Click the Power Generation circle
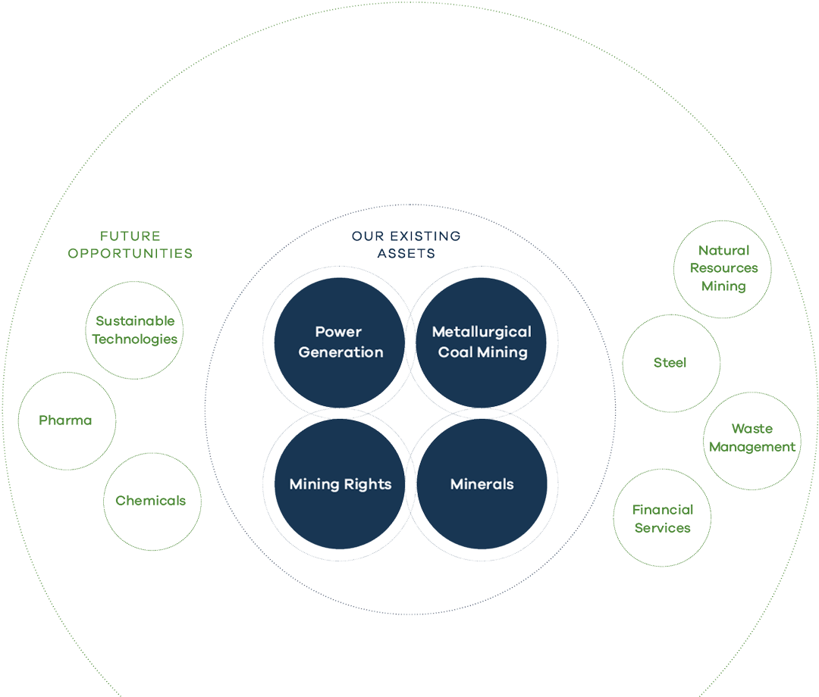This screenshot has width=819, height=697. pos(339,342)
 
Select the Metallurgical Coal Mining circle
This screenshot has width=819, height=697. pos(482,342)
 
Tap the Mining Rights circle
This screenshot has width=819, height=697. pos(339,484)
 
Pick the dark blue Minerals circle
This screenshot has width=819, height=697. pos(482,484)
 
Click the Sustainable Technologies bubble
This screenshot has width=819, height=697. pos(135,330)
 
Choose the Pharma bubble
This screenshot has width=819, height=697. pos(66,420)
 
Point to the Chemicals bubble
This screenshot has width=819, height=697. pos(151,501)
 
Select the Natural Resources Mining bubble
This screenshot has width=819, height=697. pos(723,269)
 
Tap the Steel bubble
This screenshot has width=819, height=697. pos(670,363)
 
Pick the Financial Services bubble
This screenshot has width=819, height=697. pos(662,518)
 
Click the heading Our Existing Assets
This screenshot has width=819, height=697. pos(406,245)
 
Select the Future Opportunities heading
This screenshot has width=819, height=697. pos(130,245)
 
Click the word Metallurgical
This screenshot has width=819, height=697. pos(482,332)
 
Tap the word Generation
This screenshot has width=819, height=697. pos(340,352)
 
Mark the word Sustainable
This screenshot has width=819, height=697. pos(135,321)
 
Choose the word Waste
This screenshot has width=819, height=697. pos(752,430)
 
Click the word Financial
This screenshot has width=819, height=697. pos(663,510)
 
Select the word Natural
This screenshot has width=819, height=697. pos(723,251)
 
